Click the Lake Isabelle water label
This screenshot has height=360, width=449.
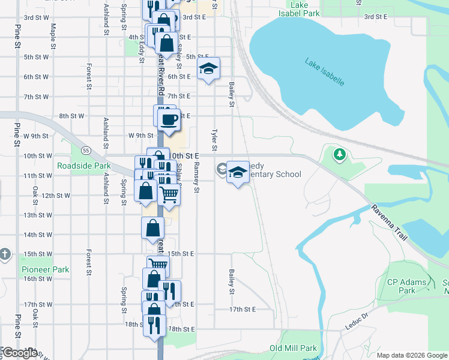pyautogui.click(x=324, y=71)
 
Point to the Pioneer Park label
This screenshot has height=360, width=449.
pyautogui.click(x=46, y=269)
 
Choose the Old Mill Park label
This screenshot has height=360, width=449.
pyautogui.click(x=292, y=348)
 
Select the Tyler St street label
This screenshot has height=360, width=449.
pyautogui.click(x=214, y=139)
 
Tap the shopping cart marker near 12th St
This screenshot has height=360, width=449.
pyautogui.click(x=169, y=194)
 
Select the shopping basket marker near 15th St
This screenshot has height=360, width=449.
pyautogui.click(x=158, y=265)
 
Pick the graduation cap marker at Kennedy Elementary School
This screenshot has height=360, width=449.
pyautogui.click(x=238, y=173)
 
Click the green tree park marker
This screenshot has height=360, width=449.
pyautogui.click(x=340, y=155)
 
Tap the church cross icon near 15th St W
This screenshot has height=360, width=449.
pyautogui.click(x=5, y=254)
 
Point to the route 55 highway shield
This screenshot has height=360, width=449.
pyautogui.click(x=86, y=149)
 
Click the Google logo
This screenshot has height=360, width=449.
pyautogui.click(x=20, y=353)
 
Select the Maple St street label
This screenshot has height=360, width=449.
pyautogui.click(x=53, y=36)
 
